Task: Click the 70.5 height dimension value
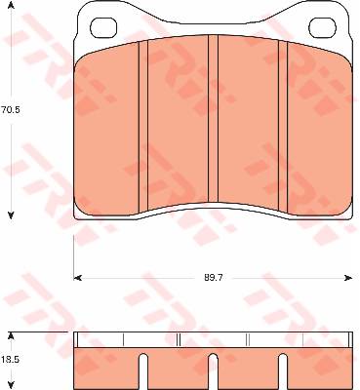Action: pyautogui.click(x=11, y=110)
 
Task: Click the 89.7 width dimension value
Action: pyautogui.click(x=214, y=278)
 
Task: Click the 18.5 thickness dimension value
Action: pyautogui.click(x=11, y=360)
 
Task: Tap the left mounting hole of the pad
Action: pyautogui.click(x=103, y=27)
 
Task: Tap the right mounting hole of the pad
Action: pyautogui.click(x=323, y=27)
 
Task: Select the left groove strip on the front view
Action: pyautogui.click(x=143, y=126)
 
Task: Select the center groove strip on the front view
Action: pyautogui.click(x=213, y=119)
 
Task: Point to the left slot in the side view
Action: pyautogui.click(x=143, y=371)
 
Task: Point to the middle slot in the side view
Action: pyautogui.click(x=213, y=371)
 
